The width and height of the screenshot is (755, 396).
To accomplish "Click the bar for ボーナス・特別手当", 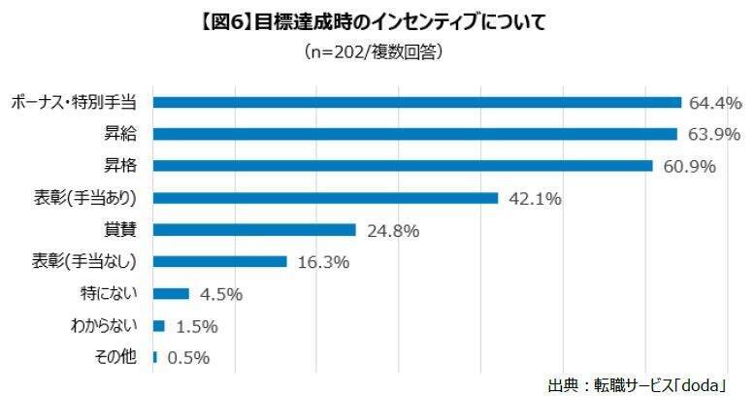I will point(417,102).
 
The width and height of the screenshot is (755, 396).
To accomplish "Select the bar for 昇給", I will point(415,134).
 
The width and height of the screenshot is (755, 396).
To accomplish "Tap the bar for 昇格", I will point(403,166).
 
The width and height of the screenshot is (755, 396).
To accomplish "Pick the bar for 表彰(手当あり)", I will point(326,198).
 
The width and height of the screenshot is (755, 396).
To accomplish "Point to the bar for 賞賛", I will point(255,230).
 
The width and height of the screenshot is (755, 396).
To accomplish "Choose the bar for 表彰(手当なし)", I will point(220,261).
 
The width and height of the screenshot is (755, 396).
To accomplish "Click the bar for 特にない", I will point(172,293).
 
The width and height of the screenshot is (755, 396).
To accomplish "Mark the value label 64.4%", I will point(715,102).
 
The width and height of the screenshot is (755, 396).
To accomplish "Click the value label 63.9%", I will point(711,134).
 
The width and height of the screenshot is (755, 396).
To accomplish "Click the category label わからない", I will point(111,325).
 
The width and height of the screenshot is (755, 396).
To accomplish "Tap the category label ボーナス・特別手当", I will point(75,102).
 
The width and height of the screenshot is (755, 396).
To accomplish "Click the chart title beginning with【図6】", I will point(377,21).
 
